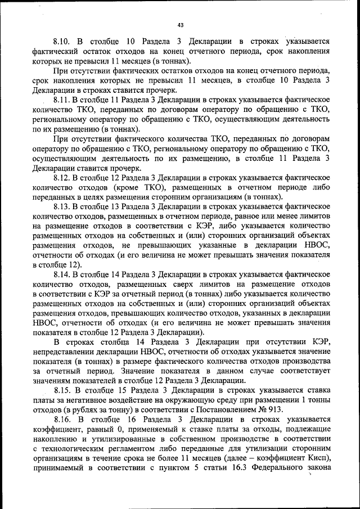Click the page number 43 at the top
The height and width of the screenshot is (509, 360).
(180, 25)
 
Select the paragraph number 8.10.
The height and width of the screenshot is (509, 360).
(64, 42)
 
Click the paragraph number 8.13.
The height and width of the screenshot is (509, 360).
(64, 207)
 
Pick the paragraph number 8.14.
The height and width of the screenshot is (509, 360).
(64, 275)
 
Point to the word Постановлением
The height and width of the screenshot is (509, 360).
(223, 410)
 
